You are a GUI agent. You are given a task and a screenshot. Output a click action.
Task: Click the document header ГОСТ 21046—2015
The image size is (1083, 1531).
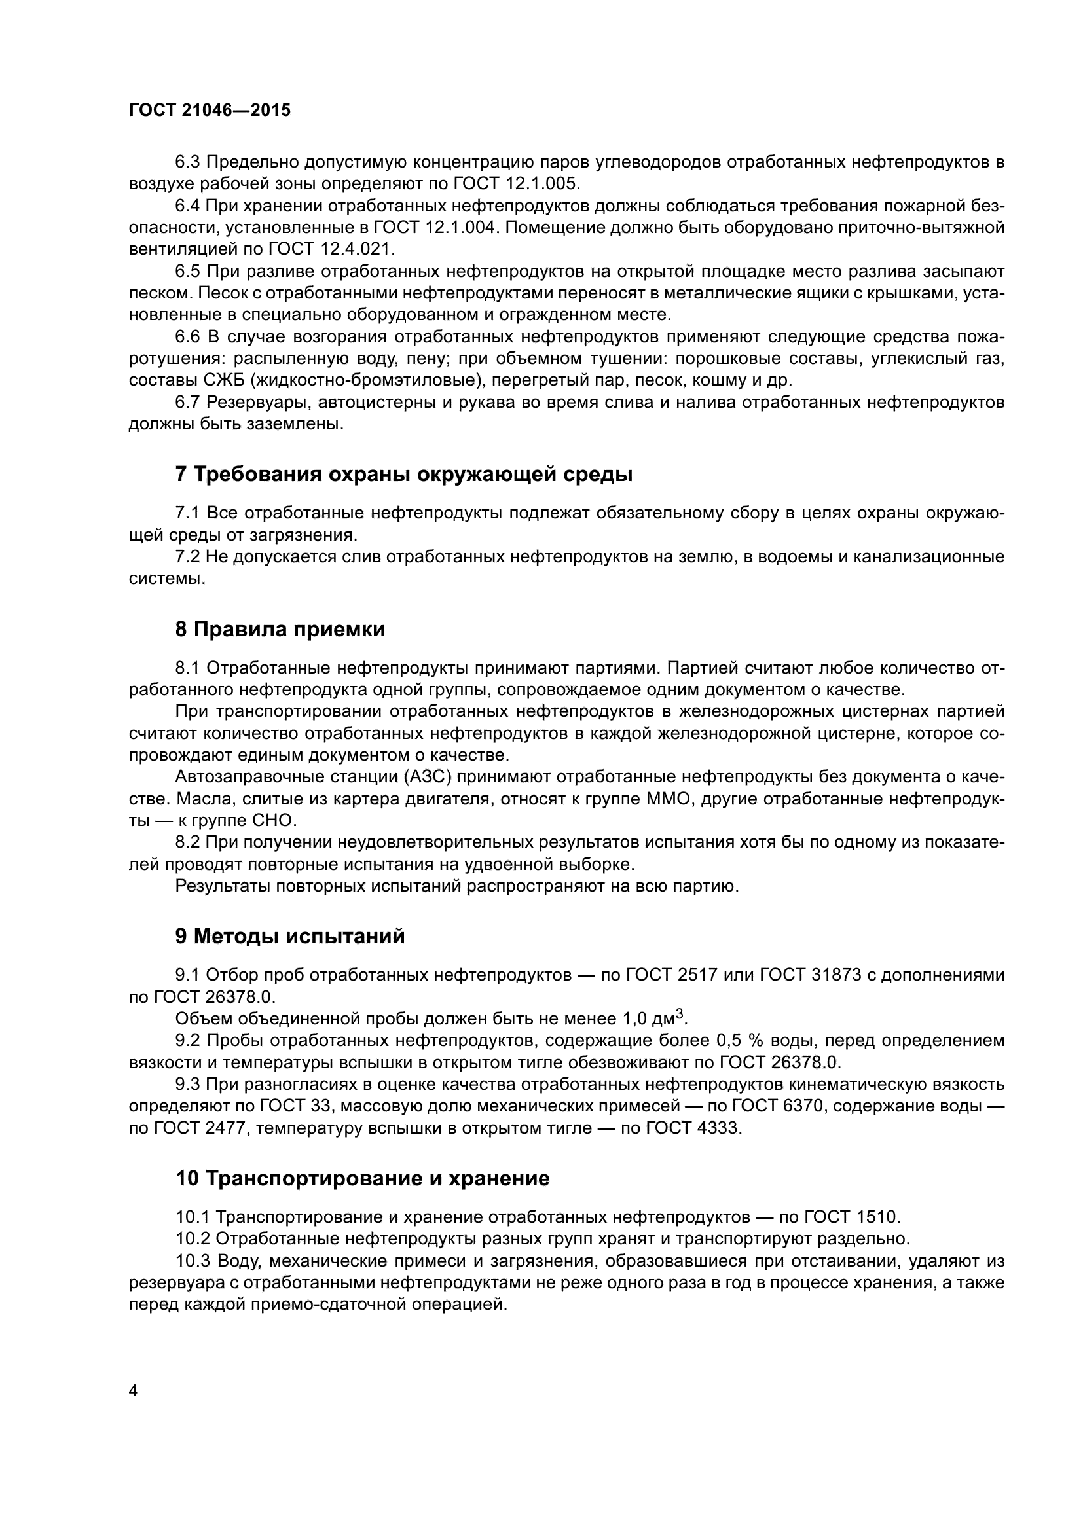pyautogui.click(x=210, y=111)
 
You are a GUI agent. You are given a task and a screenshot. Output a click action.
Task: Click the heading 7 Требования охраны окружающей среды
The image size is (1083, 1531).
pyautogui.click(x=403, y=474)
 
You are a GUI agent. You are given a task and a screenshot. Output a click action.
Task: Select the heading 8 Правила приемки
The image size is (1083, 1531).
pyautogui.click(x=280, y=629)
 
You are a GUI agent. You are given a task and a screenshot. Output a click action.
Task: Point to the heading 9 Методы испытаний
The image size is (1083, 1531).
pyautogui.click(x=290, y=936)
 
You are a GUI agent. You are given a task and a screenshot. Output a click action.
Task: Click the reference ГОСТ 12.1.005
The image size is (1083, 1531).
pyautogui.click(x=517, y=183)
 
